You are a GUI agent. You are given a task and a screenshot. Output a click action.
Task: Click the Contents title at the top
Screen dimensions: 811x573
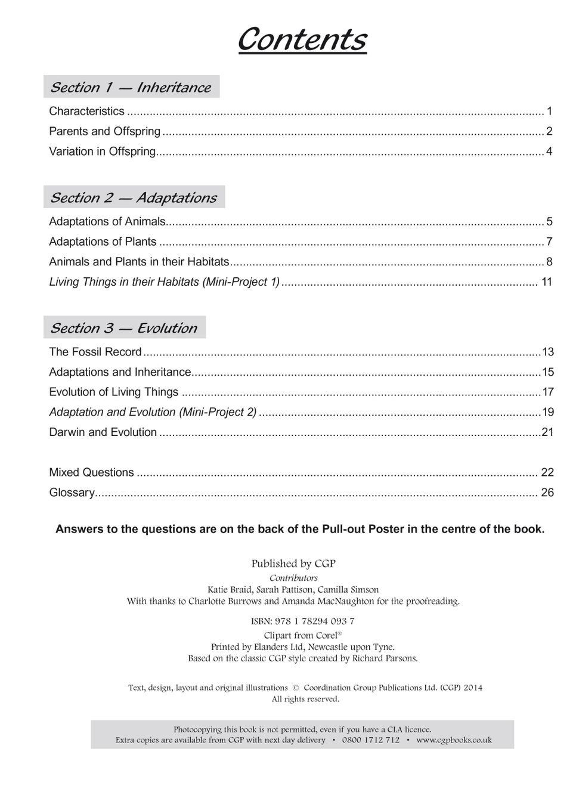[302, 40]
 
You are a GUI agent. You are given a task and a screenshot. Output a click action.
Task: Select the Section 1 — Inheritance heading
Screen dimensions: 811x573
[131, 87]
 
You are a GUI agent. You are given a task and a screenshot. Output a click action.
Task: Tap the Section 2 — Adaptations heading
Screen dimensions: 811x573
[134, 197]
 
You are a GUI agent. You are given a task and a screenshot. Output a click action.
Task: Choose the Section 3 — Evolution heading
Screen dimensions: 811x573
[124, 328]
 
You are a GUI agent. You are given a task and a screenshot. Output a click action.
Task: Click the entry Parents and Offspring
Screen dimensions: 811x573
[105, 131]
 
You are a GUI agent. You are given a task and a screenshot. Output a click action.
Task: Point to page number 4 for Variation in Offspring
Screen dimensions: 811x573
[549, 151]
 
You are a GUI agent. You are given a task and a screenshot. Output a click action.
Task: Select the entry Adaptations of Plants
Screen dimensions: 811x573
[103, 242]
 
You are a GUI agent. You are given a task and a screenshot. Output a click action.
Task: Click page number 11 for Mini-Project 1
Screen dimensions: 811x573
[547, 281]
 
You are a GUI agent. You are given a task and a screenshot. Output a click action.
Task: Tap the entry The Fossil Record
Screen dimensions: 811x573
[95, 352]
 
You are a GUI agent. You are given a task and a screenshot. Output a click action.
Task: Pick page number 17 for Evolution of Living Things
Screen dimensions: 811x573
[547, 392]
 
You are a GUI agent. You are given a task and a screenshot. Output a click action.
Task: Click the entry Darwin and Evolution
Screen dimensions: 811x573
[103, 432]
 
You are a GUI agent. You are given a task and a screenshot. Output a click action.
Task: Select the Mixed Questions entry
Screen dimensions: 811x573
[91, 472]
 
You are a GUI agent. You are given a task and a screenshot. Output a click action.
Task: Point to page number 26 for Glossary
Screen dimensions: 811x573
[547, 493]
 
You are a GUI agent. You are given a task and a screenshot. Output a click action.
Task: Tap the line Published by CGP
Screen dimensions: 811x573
[293, 564]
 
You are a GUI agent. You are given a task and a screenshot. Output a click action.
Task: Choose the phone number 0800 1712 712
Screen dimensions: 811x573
[371, 740]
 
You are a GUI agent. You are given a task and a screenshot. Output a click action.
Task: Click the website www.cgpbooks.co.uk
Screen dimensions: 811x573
[454, 740]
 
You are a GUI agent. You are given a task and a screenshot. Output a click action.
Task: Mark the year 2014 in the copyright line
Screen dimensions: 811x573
[473, 688]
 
